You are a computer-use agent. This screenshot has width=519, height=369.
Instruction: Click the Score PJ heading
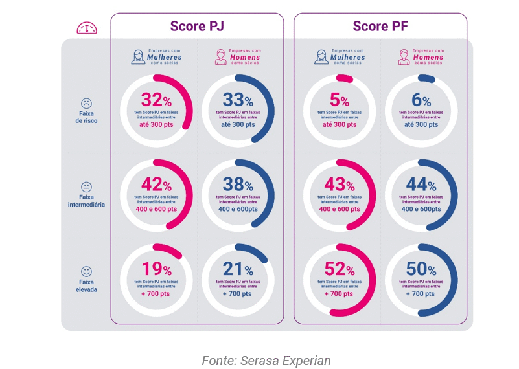tap(197, 27)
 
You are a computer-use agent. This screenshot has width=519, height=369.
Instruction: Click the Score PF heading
tap(380, 27)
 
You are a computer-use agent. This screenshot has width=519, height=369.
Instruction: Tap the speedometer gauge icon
tap(87, 28)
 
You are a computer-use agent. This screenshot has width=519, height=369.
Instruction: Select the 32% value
tap(156, 100)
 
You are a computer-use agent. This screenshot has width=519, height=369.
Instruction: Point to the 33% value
tap(238, 100)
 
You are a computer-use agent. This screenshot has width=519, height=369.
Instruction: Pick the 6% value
tap(421, 100)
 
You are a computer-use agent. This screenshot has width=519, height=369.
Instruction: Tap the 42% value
tap(156, 185)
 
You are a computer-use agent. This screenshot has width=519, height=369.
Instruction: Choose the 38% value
tap(238, 185)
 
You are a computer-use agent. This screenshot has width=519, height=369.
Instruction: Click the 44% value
tap(421, 185)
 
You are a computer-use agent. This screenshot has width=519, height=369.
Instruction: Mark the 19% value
tap(156, 270)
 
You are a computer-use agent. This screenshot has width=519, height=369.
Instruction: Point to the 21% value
tap(238, 270)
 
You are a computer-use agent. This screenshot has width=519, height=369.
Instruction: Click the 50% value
tap(421, 270)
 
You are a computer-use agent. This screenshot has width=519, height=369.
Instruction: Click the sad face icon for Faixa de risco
tap(86, 103)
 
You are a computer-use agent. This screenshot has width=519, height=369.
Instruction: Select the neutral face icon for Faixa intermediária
tap(86, 186)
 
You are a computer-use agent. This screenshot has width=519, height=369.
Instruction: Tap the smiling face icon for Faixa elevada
tap(86, 271)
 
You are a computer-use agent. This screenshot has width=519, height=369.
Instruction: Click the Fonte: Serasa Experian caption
tap(266, 360)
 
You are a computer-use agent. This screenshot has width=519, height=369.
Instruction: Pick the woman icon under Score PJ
tap(138, 57)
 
